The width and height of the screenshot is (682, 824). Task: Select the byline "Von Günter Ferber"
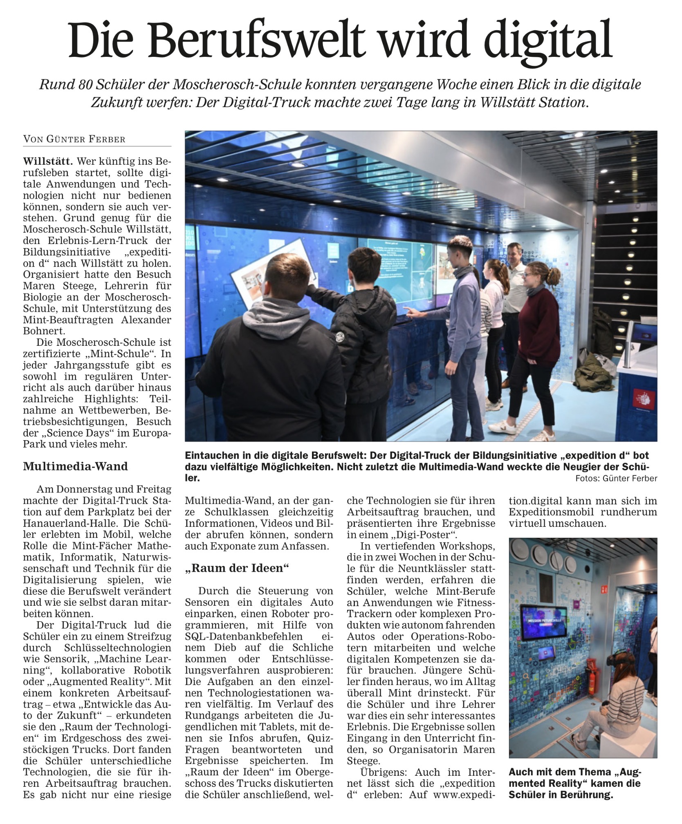74,139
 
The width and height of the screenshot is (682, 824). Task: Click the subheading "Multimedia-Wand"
76,466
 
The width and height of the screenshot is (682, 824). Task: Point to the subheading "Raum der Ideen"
237,568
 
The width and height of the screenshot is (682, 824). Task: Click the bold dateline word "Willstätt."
48,161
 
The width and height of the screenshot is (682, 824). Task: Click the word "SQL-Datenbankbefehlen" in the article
244,636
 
